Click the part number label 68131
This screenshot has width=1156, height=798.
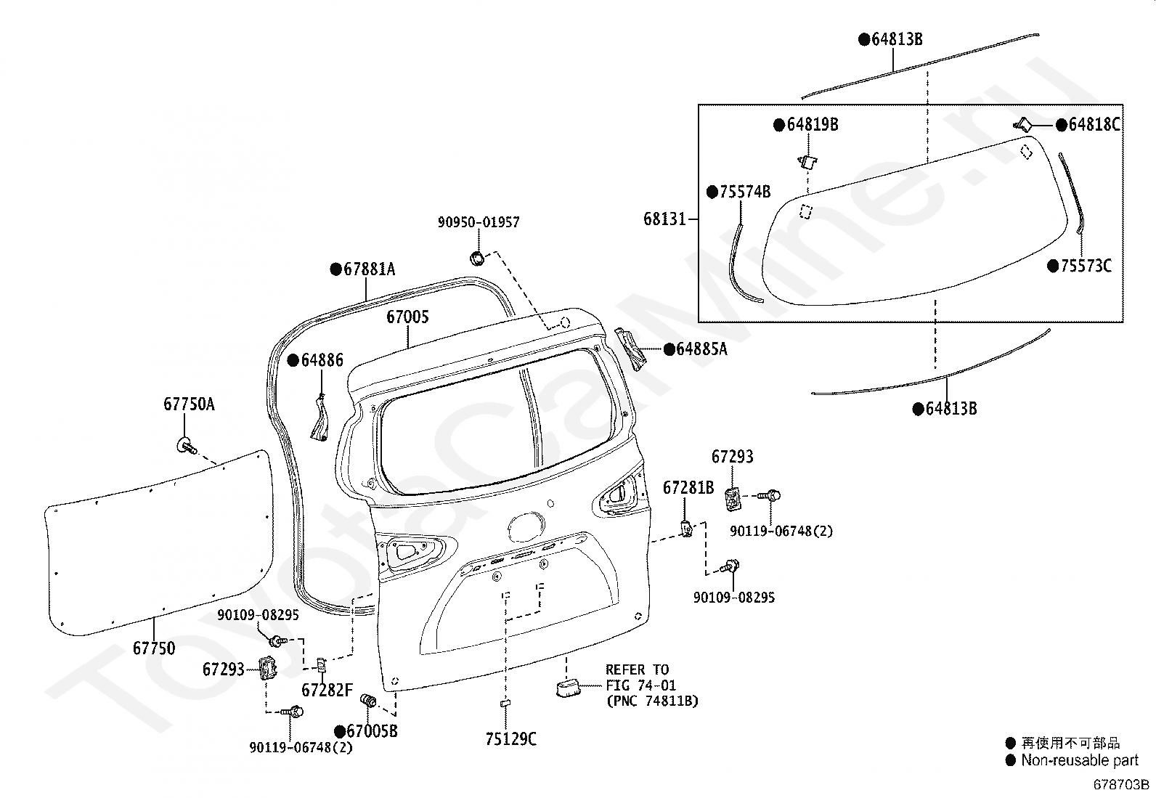point(664,219)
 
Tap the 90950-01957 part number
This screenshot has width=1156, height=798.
point(479,222)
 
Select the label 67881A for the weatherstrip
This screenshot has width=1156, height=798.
point(370,269)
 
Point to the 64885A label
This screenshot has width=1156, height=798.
point(702,349)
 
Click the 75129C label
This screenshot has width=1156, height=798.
point(511,739)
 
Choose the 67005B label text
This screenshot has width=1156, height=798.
point(372,731)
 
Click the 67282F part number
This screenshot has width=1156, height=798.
point(327,690)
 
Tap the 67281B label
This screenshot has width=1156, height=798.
point(688,487)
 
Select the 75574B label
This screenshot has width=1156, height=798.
point(745,192)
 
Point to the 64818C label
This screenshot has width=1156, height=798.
point(1094,124)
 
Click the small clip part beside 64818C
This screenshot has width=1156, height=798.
point(1022,124)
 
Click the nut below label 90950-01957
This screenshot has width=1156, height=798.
point(478,258)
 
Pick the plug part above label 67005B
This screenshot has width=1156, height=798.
point(368,701)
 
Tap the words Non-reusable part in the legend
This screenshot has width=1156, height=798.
point(1080,760)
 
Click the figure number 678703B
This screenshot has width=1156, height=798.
point(1121,785)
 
